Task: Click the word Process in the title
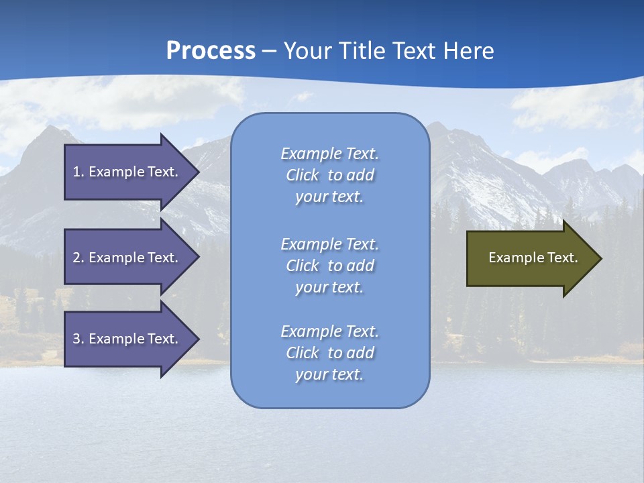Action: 211,51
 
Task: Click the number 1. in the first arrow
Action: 78,172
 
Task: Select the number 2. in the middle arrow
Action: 78,258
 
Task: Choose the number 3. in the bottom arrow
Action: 78,339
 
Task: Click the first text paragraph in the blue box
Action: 329,175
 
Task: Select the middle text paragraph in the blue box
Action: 329,266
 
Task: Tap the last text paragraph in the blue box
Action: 329,353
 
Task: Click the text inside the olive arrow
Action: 533,258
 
